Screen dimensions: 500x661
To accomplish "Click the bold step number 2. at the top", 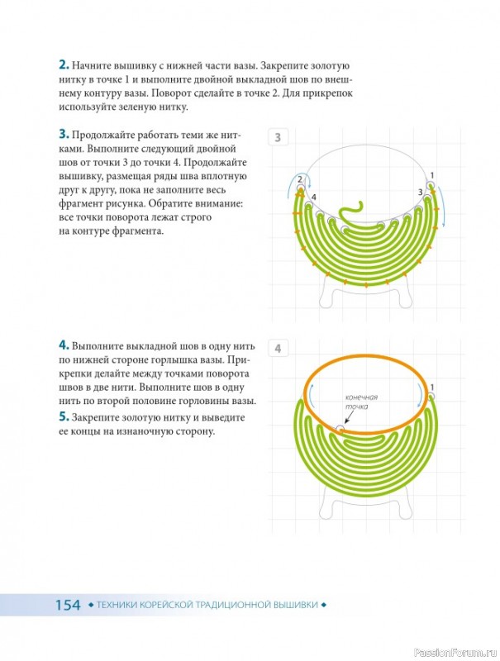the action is (x=64, y=65).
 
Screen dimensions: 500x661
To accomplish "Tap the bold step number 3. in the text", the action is (x=64, y=135).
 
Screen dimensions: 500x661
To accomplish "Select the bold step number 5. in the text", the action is (x=64, y=417).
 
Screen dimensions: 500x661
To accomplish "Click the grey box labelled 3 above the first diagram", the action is (x=278, y=137).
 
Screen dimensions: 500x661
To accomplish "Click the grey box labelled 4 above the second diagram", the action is (x=278, y=349).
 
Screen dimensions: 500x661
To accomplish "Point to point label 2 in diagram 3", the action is (x=300, y=179).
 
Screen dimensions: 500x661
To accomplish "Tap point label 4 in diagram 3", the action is (x=313, y=197).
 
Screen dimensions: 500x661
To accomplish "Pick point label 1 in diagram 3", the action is (x=431, y=175).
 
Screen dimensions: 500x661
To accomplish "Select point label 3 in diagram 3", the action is (x=421, y=193).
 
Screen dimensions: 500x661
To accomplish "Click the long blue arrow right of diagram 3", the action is (x=441, y=206).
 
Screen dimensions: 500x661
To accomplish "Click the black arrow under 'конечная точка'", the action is (x=347, y=417).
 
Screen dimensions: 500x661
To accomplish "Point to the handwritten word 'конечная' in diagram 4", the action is (x=361, y=397).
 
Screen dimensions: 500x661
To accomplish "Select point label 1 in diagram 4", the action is (x=431, y=387).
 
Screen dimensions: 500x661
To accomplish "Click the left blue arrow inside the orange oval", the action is (x=311, y=394).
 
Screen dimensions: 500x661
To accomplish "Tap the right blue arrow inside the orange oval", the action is (x=421, y=394).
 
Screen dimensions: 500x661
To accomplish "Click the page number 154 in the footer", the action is (x=68, y=605).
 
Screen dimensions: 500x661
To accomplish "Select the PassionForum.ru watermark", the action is (x=455, y=653).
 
